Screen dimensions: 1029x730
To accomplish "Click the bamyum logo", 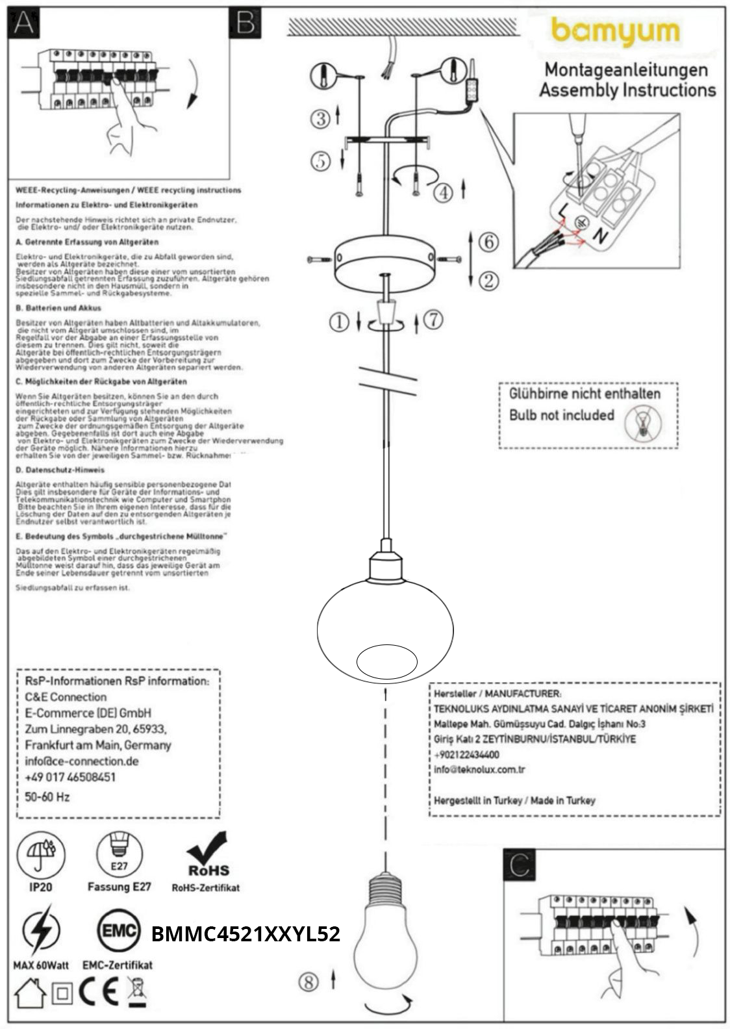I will click(x=614, y=32).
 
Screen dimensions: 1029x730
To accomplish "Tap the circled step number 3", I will click(x=320, y=118).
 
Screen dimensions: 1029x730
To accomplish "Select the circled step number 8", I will click(x=308, y=982).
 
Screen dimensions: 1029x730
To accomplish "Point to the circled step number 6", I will click(x=488, y=242).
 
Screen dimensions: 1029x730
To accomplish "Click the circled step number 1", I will click(x=339, y=321).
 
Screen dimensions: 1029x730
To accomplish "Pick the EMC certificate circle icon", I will click(x=119, y=932).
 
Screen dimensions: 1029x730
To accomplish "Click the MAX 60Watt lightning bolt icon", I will click(x=41, y=932).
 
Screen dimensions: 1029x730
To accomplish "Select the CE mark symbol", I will click(x=99, y=992).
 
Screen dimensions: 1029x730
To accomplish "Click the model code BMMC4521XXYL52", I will click(x=245, y=934).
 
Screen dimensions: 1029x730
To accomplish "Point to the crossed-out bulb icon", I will click(x=642, y=423).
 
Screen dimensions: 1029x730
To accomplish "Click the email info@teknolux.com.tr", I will click(x=479, y=770).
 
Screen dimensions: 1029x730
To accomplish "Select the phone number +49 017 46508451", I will click(x=70, y=778).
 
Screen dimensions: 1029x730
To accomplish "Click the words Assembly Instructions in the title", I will click(x=627, y=90).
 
